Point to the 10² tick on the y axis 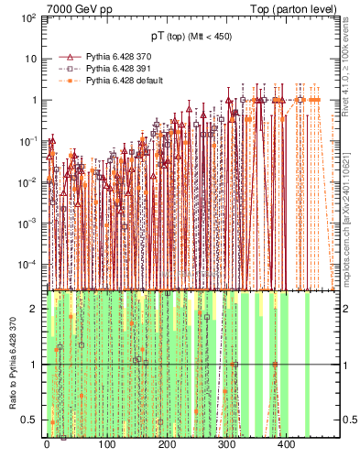pyautogui.click(x=27, y=17)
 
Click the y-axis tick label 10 pyautogui.click(x=29, y=59)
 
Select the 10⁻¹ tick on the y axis pyautogui.click(x=27, y=140)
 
